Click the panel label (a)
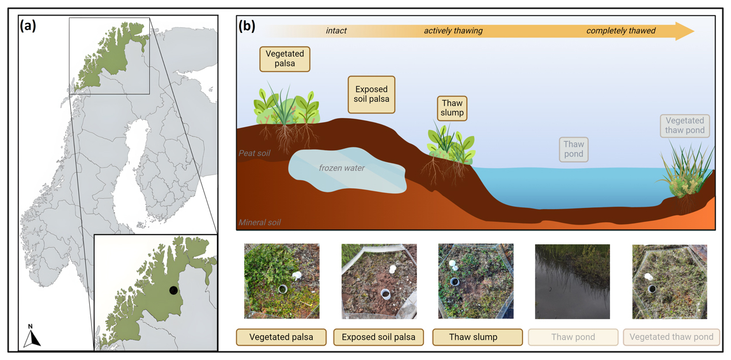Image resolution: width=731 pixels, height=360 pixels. (28, 25)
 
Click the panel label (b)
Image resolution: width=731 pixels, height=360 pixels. (247, 26)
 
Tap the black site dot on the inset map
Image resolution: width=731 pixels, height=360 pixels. (173, 290)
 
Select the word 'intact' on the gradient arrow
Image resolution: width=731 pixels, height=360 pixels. (336, 31)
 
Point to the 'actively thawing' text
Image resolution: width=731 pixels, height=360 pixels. (453, 31)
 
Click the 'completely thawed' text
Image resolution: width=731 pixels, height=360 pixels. (620, 31)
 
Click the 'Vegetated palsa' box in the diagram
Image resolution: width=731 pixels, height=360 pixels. (285, 59)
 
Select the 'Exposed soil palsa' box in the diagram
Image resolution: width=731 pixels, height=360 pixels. (372, 94)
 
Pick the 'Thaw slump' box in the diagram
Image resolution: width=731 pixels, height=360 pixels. (452, 108)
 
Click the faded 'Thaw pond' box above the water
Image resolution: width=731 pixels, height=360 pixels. (573, 149)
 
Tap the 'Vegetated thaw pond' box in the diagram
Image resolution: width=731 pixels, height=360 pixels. (684, 126)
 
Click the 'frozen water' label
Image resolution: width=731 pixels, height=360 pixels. (342, 168)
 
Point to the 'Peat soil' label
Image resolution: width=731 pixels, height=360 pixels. (254, 154)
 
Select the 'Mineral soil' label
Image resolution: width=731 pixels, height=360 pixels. (259, 222)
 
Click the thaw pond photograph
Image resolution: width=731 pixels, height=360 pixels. (572, 281)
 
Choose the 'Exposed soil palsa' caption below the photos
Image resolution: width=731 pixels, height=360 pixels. (378, 337)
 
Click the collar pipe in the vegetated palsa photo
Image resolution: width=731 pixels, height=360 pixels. (283, 289)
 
